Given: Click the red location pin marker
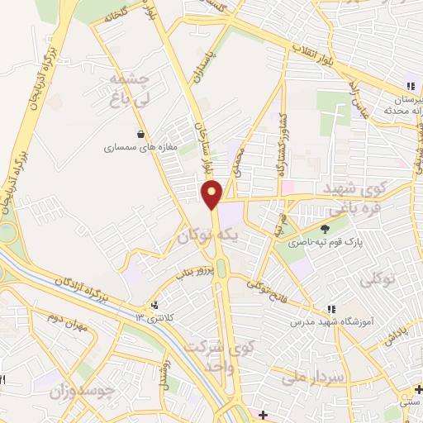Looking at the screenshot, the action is [212, 194].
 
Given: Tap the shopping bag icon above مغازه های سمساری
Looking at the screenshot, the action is [143, 134].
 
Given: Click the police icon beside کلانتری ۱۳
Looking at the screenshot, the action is [154, 304].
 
